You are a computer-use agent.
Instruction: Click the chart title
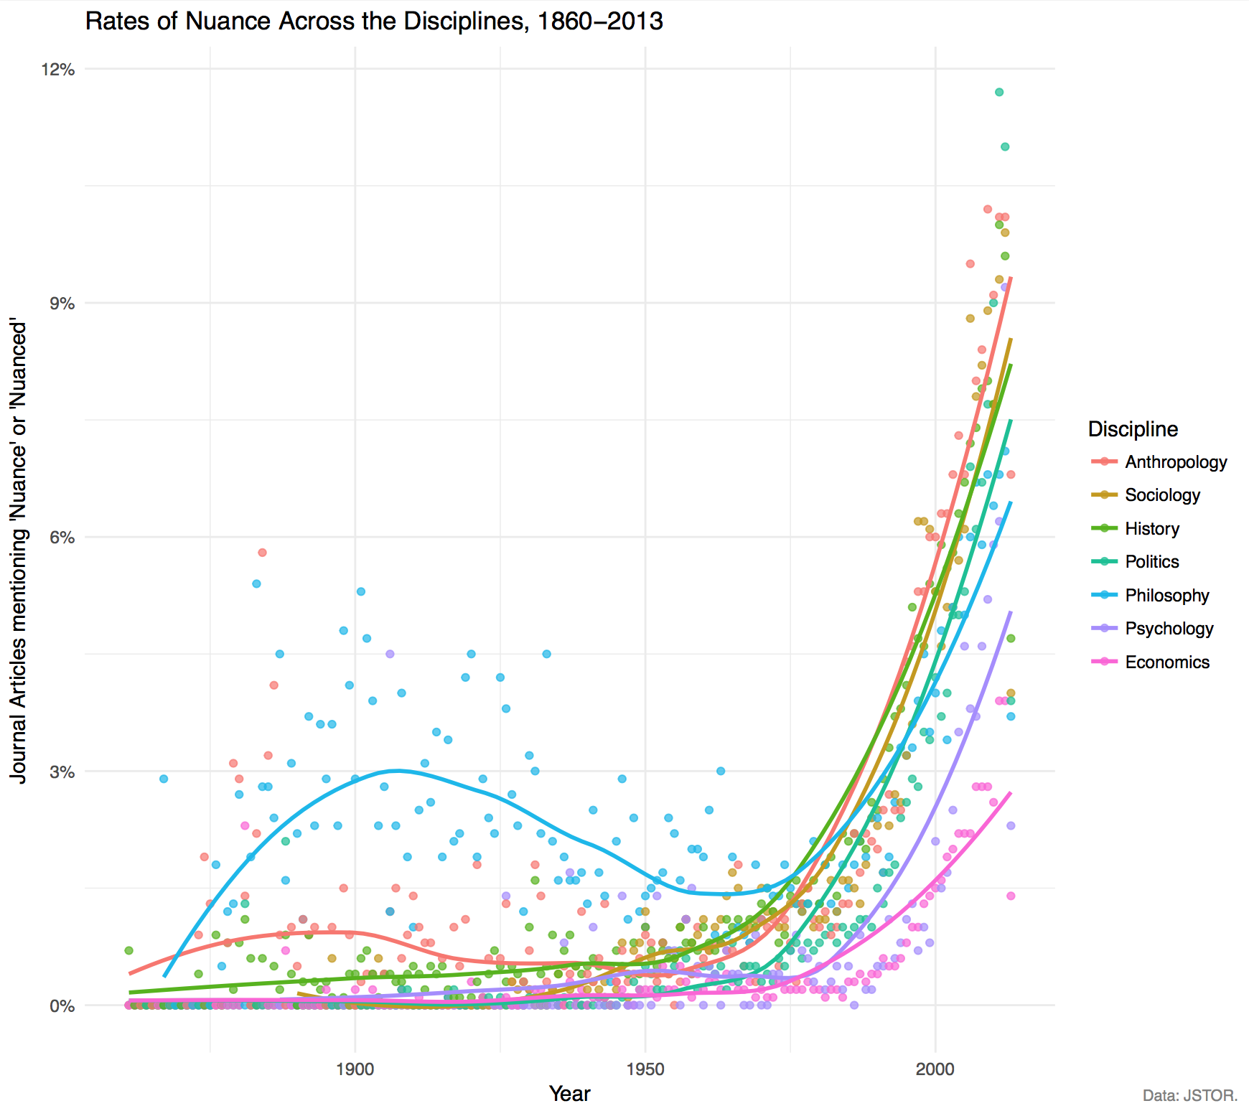pos(374,22)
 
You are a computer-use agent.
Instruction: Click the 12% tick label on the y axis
pos(58,70)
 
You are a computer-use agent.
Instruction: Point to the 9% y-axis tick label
pos(62,304)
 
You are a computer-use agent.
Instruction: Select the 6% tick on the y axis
pos(62,538)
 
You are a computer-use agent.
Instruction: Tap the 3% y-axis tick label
pos(62,772)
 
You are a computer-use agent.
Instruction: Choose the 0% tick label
pos(62,1006)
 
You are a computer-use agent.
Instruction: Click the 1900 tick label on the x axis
pos(355,1069)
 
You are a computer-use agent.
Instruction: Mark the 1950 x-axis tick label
pos(645,1069)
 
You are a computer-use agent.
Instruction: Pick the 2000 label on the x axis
pos(935,1069)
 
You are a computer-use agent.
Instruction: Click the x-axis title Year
pos(569,1094)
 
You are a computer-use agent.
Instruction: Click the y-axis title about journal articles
pos(19,553)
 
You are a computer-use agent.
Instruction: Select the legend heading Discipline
pos(1133,429)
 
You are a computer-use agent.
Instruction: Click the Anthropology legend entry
pos(1176,462)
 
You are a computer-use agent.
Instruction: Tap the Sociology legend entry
pos(1162,495)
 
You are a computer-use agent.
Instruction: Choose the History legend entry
pos(1152,529)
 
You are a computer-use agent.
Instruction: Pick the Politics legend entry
pos(1152,562)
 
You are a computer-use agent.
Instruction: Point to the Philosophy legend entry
pos(1167,596)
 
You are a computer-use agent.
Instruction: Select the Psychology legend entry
pos(1169,629)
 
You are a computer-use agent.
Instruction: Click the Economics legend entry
pos(1167,662)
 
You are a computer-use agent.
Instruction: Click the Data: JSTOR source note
pos(1190,1096)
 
